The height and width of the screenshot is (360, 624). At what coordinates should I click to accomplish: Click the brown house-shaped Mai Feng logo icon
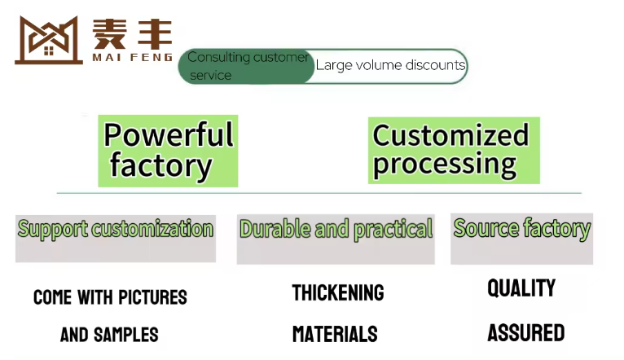pos(49,40)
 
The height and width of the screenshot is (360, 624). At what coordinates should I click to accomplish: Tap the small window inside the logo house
pos(49,51)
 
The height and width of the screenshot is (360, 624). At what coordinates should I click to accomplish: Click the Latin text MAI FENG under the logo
pos(133,57)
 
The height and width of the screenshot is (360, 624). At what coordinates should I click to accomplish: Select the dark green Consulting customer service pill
pos(247,67)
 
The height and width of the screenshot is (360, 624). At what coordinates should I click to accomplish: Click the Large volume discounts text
pos(390,65)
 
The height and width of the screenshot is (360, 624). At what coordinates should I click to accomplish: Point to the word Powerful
pos(169,135)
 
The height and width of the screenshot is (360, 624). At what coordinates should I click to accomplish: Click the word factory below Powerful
pos(160,166)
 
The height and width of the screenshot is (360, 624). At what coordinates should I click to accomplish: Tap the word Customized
pos(450,135)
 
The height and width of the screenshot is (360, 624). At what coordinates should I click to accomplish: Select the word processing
pos(445,165)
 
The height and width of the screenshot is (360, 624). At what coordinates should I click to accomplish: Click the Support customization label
pos(116,229)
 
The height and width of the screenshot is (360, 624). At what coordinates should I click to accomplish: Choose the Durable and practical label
pos(336,230)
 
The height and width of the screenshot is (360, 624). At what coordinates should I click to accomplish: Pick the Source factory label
pos(521,229)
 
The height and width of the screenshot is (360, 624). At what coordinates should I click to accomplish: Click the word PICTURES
pos(153,297)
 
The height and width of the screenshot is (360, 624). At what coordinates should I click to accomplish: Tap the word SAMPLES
pos(125,335)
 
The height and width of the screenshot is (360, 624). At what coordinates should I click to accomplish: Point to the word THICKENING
pos(338,292)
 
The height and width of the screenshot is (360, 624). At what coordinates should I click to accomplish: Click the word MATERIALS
pos(335,334)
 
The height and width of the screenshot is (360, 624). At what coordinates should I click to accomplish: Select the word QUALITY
pos(521,288)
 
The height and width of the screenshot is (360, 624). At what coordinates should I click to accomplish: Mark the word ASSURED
pos(526,333)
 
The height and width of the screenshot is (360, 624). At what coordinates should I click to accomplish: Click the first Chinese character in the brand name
pos(109,34)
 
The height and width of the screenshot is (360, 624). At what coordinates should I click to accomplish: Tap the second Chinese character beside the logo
pos(156,34)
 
